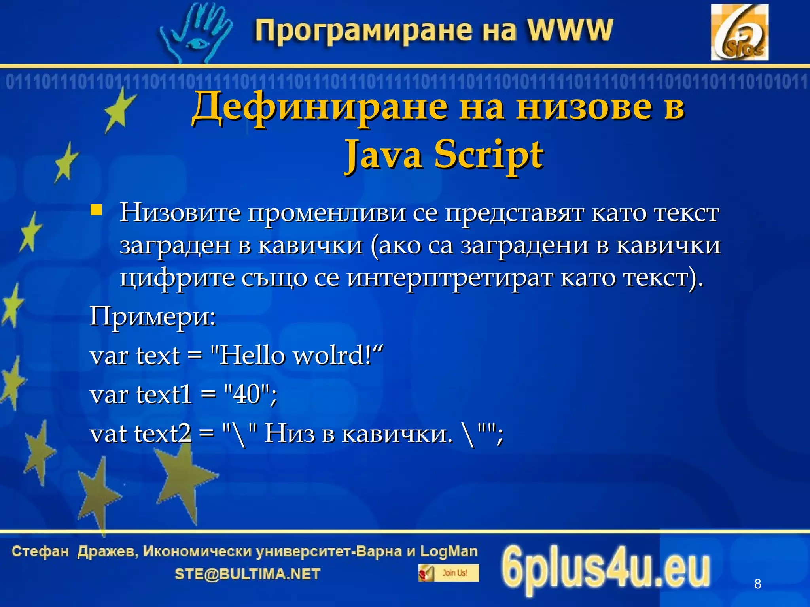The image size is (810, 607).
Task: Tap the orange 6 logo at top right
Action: click(x=739, y=32)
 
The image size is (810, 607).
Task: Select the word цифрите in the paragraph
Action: click(x=176, y=278)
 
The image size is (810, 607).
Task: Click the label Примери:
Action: click(x=153, y=316)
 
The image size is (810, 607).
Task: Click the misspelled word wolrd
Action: click(x=331, y=355)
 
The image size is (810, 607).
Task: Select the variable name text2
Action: click(x=163, y=434)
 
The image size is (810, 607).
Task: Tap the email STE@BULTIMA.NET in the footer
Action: click(x=247, y=574)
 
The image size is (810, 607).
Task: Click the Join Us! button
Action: click(x=449, y=573)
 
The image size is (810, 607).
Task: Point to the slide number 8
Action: click(x=757, y=583)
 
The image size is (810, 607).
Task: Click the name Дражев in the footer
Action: click(x=107, y=551)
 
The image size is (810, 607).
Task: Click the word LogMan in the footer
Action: click(x=449, y=551)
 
